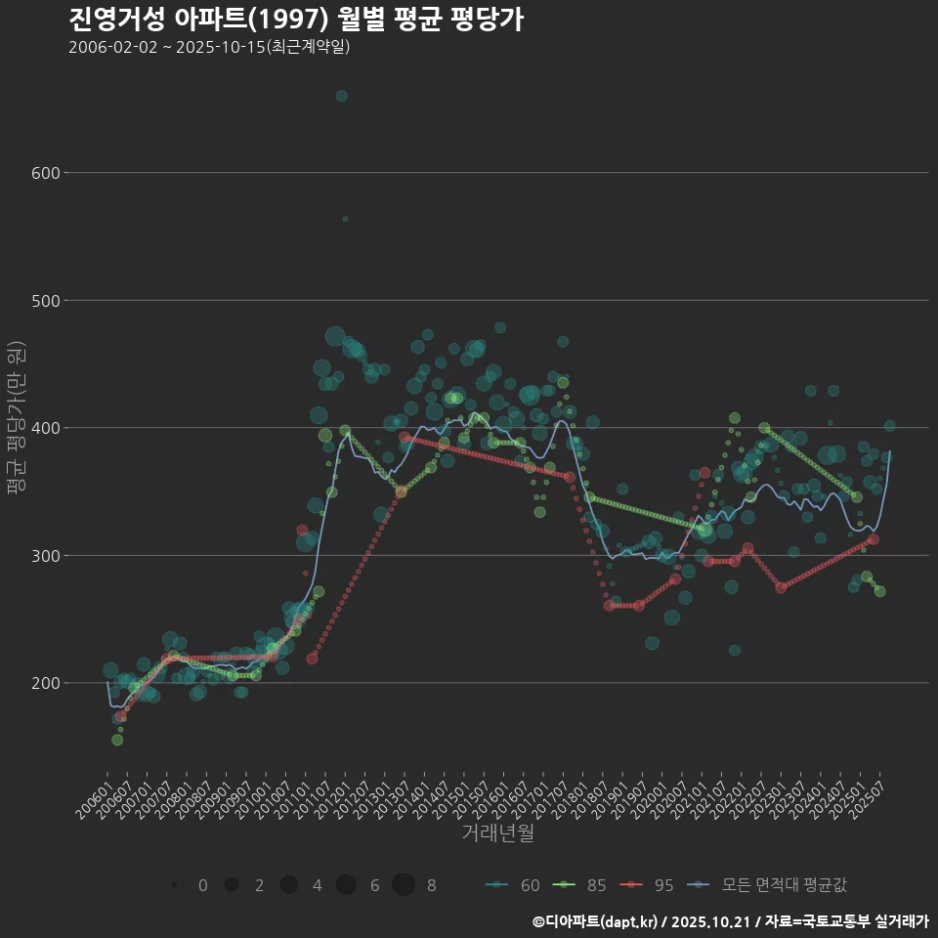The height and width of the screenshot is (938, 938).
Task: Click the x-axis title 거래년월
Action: (x=497, y=833)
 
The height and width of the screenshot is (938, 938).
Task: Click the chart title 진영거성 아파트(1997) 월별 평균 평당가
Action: (x=296, y=19)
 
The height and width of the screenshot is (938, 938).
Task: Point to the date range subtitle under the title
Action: (x=209, y=47)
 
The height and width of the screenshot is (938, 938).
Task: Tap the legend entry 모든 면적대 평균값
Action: (x=768, y=885)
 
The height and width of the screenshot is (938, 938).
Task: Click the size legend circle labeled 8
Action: (x=404, y=885)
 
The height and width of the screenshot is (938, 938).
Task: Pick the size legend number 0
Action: (x=202, y=885)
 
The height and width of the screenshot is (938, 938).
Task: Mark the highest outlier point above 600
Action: (x=342, y=96)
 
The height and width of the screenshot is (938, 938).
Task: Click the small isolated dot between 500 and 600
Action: (x=345, y=219)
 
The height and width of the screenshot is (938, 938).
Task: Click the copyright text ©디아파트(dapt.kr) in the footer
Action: (x=596, y=921)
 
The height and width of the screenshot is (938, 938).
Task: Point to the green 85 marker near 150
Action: (x=117, y=740)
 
